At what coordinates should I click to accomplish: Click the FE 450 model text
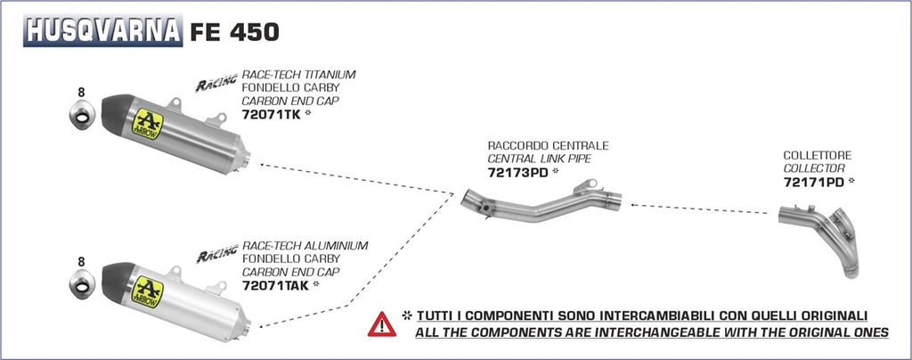coord(234,32)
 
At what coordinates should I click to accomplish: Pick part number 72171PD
coord(813,182)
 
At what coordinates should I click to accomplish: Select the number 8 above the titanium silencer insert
coord(81,92)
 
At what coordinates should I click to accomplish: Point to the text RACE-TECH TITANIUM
coord(298,75)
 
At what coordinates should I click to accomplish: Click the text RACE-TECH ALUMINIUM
coord(300,245)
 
